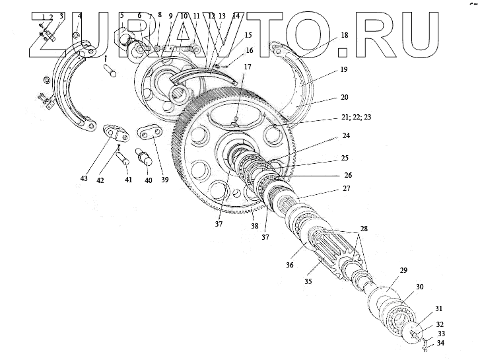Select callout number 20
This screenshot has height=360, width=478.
(x=345, y=97)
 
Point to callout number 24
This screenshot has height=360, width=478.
(x=346, y=137)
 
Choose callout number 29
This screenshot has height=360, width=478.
(x=403, y=271)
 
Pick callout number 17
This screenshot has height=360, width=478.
(x=246, y=67)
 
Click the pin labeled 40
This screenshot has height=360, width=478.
(x=143, y=159)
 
